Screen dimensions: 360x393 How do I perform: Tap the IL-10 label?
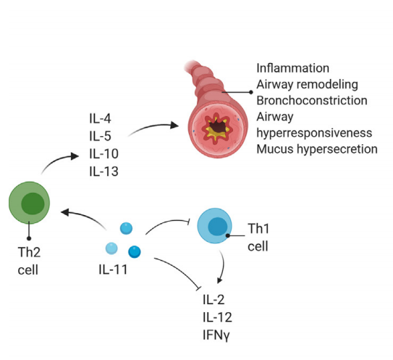click(x=103, y=154)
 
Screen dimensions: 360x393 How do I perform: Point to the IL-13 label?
click(x=103, y=172)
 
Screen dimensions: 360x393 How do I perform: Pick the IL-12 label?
click(x=219, y=317)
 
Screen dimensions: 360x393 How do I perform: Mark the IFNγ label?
click(x=220, y=335)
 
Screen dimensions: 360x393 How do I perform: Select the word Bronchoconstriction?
click(x=311, y=101)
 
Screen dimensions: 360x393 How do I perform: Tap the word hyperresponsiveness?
click(x=314, y=133)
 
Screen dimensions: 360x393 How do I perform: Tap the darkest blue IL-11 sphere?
click(x=134, y=251)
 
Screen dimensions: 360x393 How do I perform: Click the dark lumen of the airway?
click(x=214, y=125)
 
